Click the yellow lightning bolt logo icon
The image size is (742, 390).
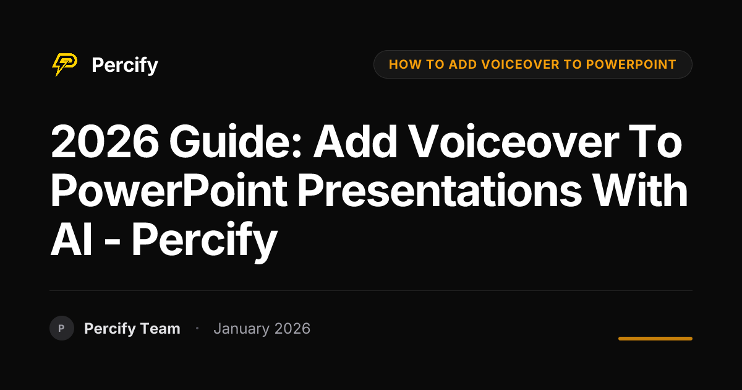pos(64,64)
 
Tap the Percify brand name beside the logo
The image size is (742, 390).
pos(125,66)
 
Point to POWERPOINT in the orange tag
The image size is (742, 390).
pos(631,64)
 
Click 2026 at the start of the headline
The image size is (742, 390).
pos(104,141)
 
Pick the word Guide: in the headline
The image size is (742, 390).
pos(235,141)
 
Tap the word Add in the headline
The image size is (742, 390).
pos(355,141)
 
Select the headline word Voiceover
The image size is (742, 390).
pos(513,141)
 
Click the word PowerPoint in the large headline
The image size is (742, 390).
pos(169,191)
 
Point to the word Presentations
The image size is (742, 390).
pos(440,191)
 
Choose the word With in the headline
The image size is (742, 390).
pos(640,191)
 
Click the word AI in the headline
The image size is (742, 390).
pos(71,240)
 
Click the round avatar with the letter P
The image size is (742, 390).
pos(62,328)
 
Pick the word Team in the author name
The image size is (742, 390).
pos(160,329)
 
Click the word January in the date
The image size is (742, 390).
pos(242,329)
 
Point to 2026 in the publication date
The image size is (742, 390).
pos(292,329)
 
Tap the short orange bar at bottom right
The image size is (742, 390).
pos(655,339)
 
